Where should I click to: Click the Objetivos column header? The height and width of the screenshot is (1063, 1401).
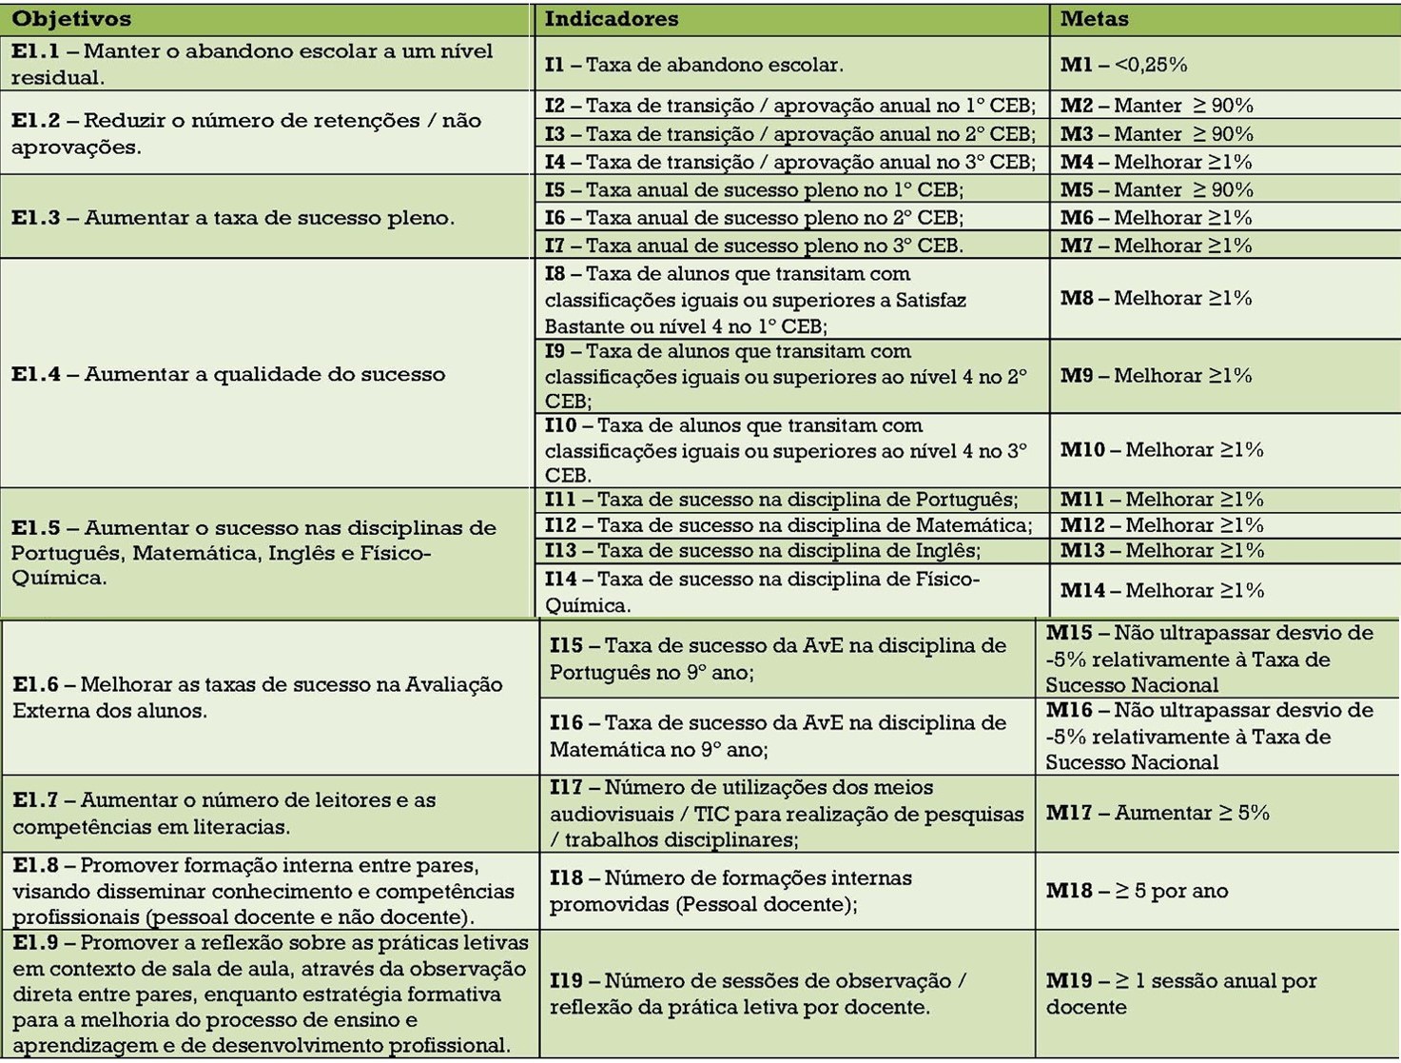tap(71, 19)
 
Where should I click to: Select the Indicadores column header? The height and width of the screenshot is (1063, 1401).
tap(612, 19)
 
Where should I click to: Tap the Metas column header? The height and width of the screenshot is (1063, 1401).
tap(1094, 19)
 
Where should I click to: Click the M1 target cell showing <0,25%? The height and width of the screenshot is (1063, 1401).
tap(1123, 65)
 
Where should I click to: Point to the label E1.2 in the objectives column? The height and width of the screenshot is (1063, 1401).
tap(35, 121)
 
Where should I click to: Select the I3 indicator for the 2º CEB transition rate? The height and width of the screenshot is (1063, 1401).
tap(789, 134)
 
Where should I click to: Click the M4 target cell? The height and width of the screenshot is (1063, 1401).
tap(1156, 162)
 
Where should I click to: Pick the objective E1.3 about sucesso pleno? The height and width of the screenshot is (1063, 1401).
tap(232, 218)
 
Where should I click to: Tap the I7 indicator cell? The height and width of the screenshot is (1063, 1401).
tap(753, 246)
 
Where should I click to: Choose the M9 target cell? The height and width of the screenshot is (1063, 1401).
tap(1156, 376)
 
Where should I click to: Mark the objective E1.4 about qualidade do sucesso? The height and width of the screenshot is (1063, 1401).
tap(227, 374)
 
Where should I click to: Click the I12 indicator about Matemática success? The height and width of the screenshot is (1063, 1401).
tap(788, 525)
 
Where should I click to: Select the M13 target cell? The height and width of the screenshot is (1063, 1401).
tap(1161, 551)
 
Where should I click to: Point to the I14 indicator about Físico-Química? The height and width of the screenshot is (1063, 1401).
tap(761, 591)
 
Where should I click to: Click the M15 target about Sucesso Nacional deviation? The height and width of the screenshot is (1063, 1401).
tap(1208, 659)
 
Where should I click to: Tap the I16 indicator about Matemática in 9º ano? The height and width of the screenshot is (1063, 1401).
tap(777, 736)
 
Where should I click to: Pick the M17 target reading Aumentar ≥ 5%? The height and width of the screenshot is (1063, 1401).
tap(1158, 813)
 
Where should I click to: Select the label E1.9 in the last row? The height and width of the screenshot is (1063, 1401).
tap(35, 943)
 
